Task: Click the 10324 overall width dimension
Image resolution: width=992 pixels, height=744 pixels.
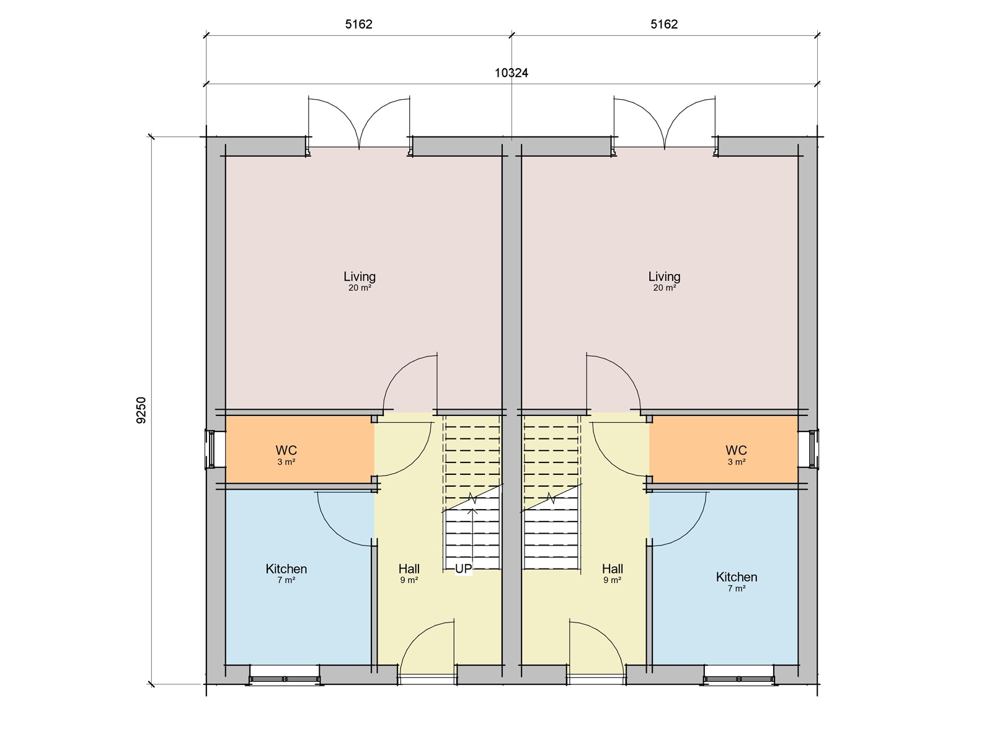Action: pyautogui.click(x=511, y=73)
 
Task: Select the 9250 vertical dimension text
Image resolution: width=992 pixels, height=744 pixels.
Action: pyautogui.click(x=142, y=410)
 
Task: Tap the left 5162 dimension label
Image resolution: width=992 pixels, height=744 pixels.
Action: pyautogui.click(x=359, y=25)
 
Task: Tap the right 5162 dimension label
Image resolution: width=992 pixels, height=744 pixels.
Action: pyautogui.click(x=664, y=25)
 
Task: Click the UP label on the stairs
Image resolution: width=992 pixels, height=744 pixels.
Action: pyautogui.click(x=463, y=569)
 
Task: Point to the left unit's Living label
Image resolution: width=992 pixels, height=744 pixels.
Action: pyautogui.click(x=360, y=277)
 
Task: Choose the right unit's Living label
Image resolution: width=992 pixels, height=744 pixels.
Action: pyautogui.click(x=664, y=277)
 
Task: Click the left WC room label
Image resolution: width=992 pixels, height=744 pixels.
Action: pyautogui.click(x=286, y=450)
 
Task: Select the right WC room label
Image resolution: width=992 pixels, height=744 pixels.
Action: pyautogui.click(x=736, y=450)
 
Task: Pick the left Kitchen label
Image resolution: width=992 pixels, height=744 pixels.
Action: pyautogui.click(x=286, y=569)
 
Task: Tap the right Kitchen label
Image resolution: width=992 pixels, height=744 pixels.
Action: pyautogui.click(x=736, y=577)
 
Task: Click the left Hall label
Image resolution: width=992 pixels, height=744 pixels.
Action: pyautogui.click(x=409, y=569)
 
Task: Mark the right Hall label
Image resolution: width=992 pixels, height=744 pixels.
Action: pyautogui.click(x=612, y=569)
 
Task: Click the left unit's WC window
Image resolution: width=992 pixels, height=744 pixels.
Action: pyautogui.click(x=211, y=449)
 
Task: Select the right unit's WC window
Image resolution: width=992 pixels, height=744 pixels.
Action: pyautogui.click(x=813, y=449)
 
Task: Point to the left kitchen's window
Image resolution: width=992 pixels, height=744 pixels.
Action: pyautogui.click(x=285, y=679)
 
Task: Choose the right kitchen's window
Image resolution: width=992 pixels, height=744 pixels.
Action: pyautogui.click(x=738, y=679)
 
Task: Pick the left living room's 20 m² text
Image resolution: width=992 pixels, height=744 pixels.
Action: pyautogui.click(x=360, y=288)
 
